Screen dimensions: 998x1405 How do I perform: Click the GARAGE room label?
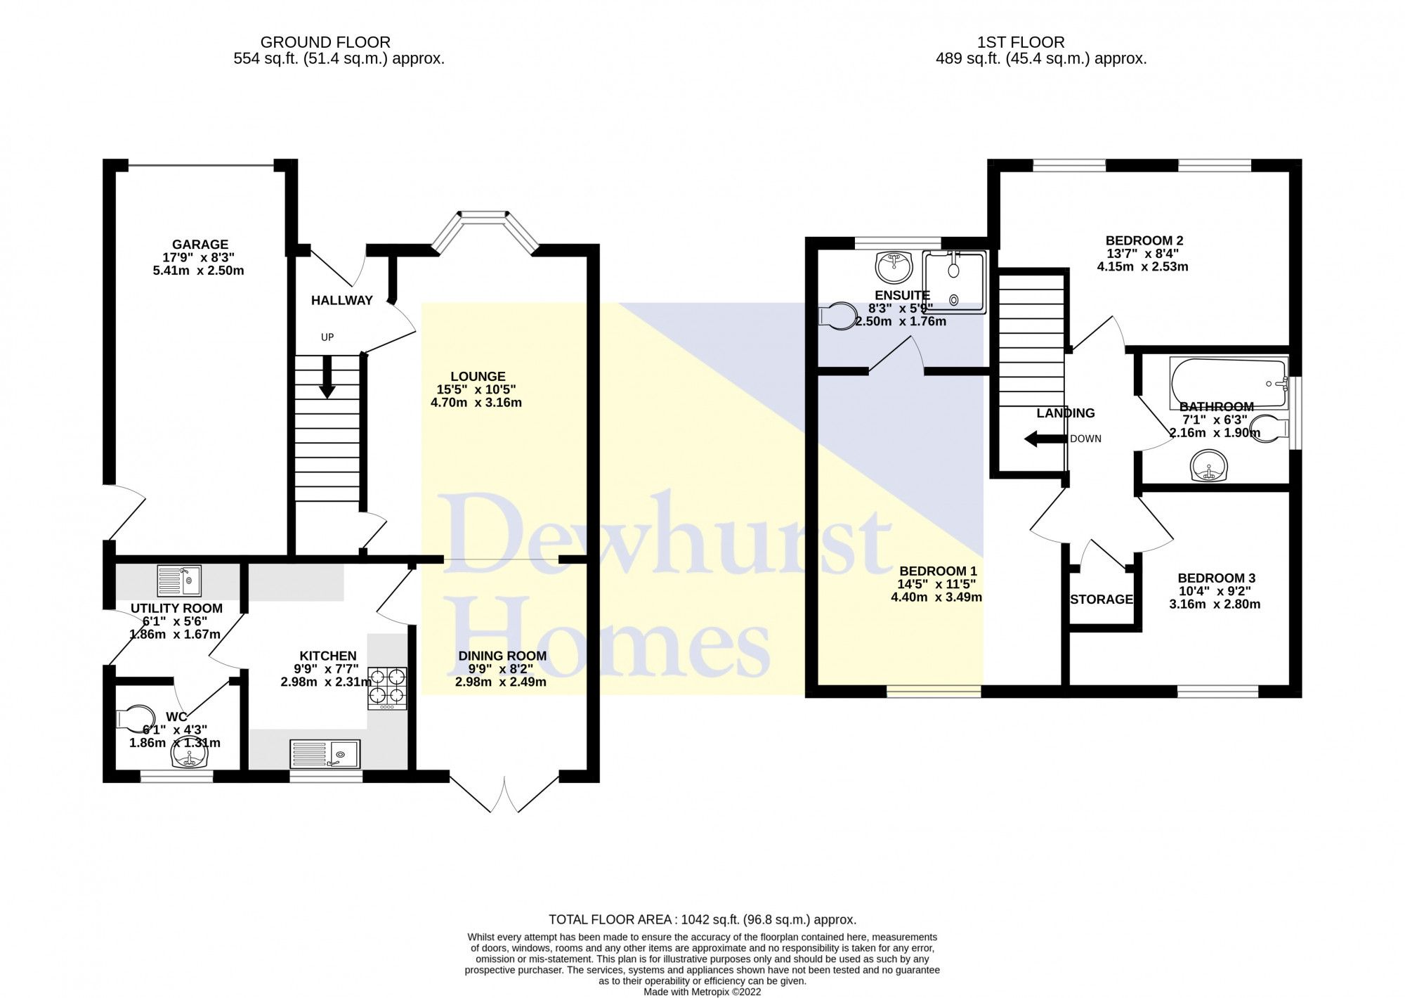point(200,245)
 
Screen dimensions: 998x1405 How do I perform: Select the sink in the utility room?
point(179,581)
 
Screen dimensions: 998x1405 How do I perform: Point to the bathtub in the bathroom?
point(1228,383)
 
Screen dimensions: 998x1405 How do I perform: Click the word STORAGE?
point(1102,600)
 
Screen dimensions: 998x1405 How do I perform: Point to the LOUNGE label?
point(478,377)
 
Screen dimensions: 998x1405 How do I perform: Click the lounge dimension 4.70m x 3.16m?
point(476,403)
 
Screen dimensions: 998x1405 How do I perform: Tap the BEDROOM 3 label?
point(1216,578)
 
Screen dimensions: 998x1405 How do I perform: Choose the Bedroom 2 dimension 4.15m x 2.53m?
point(1142,266)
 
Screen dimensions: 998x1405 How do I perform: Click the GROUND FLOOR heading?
point(325,42)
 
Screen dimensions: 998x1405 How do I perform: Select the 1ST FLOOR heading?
point(1021,42)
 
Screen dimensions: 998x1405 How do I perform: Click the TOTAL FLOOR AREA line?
point(702,919)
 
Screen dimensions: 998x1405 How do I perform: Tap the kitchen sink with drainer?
point(325,753)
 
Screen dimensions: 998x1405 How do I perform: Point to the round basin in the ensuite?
point(894,266)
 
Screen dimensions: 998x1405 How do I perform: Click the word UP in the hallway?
point(327,337)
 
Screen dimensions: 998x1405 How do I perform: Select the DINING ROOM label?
point(502,656)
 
